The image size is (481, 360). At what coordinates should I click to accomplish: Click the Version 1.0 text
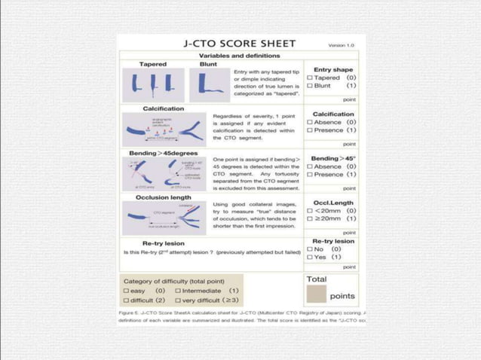344,45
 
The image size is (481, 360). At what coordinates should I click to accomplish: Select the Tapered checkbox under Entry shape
310,77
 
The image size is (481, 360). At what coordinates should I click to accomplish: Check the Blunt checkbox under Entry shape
310,85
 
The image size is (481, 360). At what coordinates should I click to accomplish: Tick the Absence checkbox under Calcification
310,122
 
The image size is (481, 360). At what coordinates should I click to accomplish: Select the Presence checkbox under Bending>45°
310,174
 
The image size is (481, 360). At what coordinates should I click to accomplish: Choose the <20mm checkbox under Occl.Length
310,210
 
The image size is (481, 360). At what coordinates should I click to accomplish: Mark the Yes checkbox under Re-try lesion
310,257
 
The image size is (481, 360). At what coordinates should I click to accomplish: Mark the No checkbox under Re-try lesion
310,249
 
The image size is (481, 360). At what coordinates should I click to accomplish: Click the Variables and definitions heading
237,56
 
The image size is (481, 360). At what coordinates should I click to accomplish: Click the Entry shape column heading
333,69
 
